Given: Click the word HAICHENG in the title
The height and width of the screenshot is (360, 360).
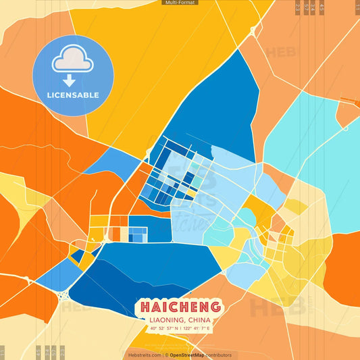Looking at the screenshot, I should pyautogui.click(x=180, y=306).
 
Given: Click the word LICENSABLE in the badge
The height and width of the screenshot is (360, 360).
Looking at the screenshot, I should pyautogui.click(x=73, y=95).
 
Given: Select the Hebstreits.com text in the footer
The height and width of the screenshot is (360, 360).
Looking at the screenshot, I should pyautogui.click(x=145, y=355).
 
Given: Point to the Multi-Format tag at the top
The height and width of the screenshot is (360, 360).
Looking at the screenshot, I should pyautogui.click(x=180, y=3).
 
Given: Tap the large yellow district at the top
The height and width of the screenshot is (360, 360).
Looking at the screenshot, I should pyautogui.click(x=149, y=61).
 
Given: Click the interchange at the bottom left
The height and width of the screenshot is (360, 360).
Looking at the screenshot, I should pyautogui.click(x=65, y=295).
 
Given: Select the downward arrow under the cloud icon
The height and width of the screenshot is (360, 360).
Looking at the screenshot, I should pyautogui.click(x=69, y=80).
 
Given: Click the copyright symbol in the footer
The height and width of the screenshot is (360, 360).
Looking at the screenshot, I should pyautogui.click(x=166, y=355).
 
